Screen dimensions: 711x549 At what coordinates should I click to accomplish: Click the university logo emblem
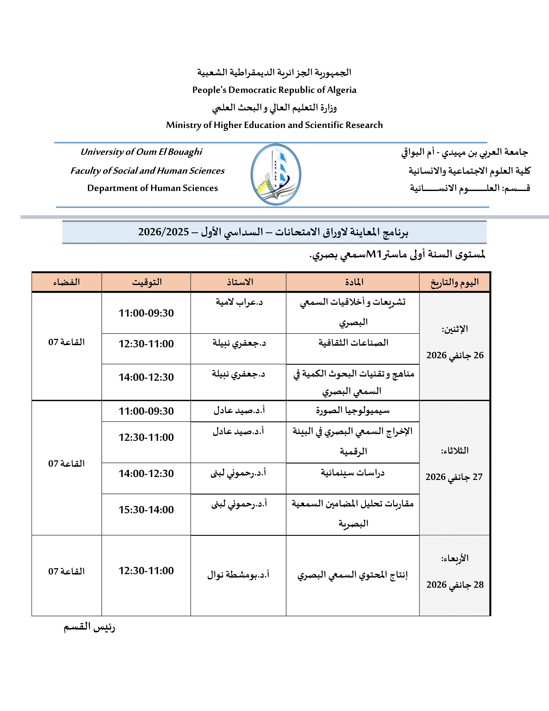(x=276, y=175)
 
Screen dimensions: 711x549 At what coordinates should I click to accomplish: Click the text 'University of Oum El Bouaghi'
(x=141, y=152)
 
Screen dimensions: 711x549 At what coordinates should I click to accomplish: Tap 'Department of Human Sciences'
(x=152, y=188)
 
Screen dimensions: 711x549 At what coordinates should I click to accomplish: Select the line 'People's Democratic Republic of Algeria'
(x=274, y=90)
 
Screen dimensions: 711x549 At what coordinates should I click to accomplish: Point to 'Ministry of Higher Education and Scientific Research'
(x=274, y=125)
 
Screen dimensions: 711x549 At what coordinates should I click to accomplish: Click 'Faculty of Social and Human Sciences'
(x=147, y=171)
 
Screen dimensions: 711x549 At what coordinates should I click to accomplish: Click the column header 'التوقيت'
(x=147, y=282)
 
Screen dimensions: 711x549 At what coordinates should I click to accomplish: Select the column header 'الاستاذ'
(x=240, y=282)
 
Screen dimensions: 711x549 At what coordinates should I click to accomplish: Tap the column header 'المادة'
(x=354, y=282)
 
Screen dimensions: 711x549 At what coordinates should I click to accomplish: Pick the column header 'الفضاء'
(x=67, y=282)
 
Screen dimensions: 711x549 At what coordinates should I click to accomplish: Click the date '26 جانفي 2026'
(x=455, y=355)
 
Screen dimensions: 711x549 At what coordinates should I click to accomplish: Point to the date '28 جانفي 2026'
(x=455, y=585)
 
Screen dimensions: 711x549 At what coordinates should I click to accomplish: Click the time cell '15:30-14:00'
(x=146, y=510)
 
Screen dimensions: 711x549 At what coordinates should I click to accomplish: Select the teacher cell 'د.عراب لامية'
(x=239, y=302)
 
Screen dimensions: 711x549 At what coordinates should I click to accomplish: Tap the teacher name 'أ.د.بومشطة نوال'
(x=238, y=575)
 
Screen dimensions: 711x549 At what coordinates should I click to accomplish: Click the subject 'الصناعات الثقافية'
(x=353, y=343)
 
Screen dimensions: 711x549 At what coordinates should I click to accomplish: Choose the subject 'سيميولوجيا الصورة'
(x=353, y=410)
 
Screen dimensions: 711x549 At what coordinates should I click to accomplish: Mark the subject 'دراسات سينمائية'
(x=353, y=473)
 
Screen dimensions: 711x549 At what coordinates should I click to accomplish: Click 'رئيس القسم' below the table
(x=89, y=627)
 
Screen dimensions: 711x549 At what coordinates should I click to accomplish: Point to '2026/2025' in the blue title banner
(x=164, y=232)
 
